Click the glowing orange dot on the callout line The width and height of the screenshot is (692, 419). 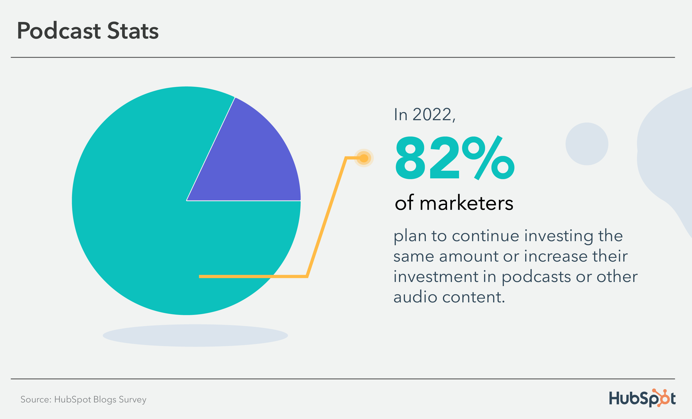coord(364,158)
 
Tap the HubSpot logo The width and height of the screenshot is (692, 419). coord(642,398)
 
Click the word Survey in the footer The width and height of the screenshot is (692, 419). coord(132,399)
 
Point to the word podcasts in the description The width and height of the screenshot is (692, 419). coord(536,277)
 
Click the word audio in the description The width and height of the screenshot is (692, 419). coord(415,297)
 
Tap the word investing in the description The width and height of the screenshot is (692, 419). coord(559,236)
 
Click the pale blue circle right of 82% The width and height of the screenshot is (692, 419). coord(587,144)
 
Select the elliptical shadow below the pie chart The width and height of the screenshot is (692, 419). coord(195,335)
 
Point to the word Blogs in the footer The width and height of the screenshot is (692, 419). coord(104,399)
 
